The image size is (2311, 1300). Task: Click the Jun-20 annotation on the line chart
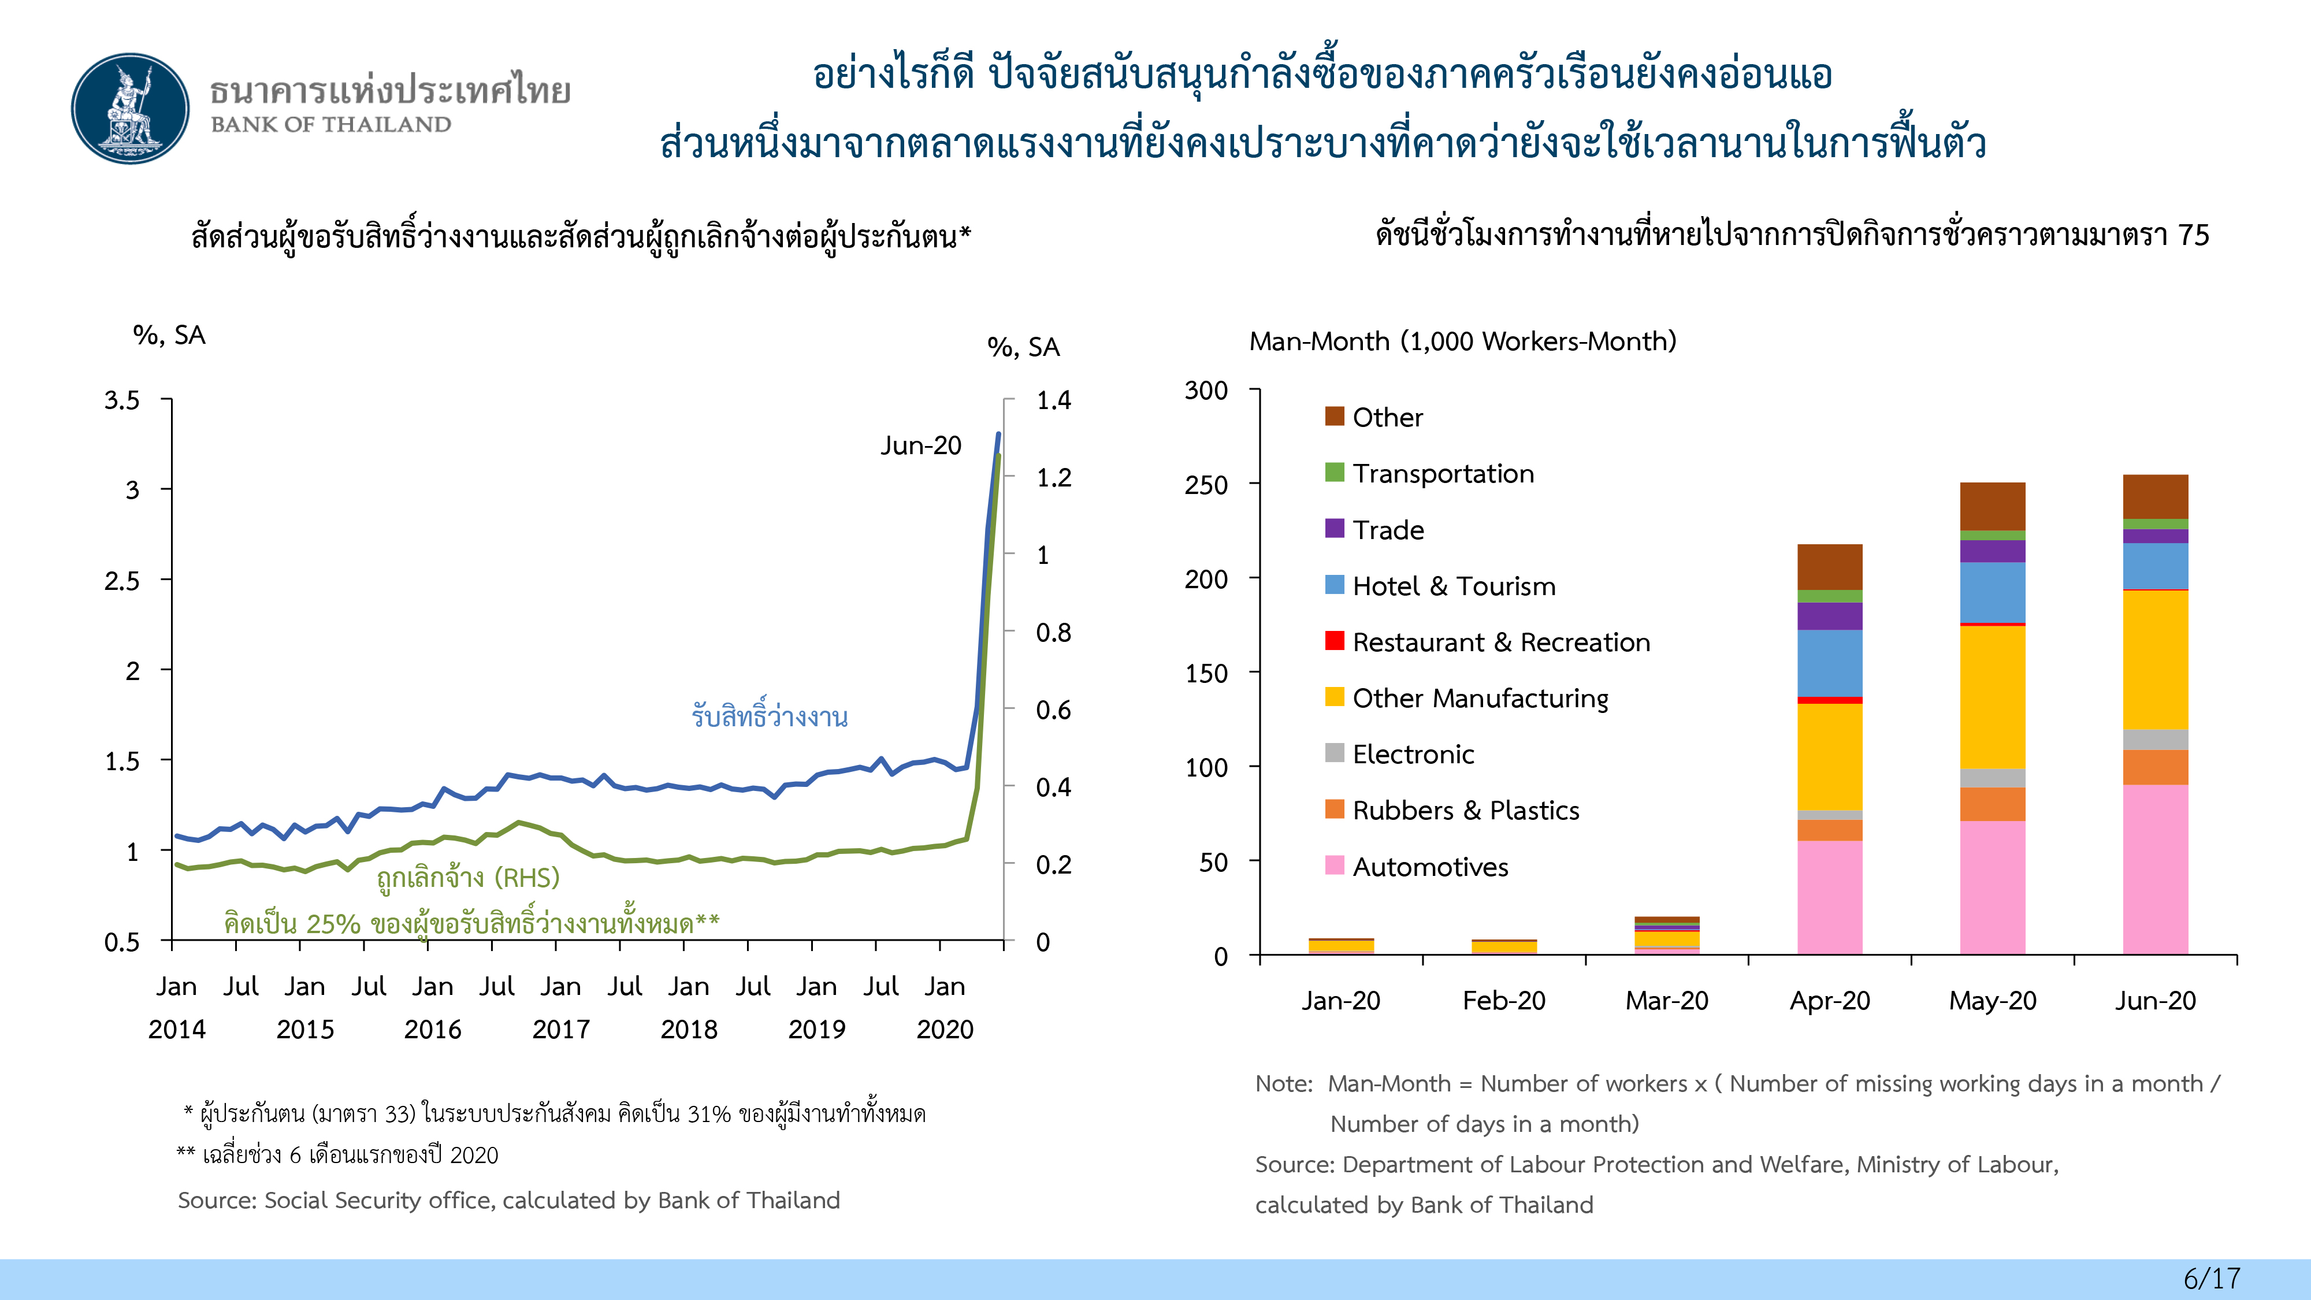pyautogui.click(x=920, y=446)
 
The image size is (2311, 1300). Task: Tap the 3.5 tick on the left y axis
pyautogui.click(x=122, y=400)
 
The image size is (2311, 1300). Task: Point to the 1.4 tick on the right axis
pyautogui.click(x=1053, y=400)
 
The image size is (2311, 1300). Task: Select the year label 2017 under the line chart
pyautogui.click(x=560, y=1029)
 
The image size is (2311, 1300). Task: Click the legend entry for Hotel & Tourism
pyautogui.click(x=1454, y=586)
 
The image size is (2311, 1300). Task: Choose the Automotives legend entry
pyautogui.click(x=1430, y=867)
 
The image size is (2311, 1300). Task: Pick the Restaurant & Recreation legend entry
pyautogui.click(x=1500, y=642)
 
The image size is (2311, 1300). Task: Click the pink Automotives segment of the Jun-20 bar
pyautogui.click(x=2155, y=868)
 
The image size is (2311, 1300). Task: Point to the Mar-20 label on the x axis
pyautogui.click(x=1667, y=1000)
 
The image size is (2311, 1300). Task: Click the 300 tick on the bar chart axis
pyautogui.click(x=1206, y=391)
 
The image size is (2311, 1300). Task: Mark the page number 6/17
pyautogui.click(x=2212, y=1277)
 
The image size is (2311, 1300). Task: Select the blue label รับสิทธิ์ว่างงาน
pyautogui.click(x=770, y=716)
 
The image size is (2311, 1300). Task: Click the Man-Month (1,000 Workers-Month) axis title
pyautogui.click(x=1462, y=341)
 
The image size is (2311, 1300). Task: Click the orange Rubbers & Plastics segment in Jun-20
pyautogui.click(x=2155, y=767)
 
